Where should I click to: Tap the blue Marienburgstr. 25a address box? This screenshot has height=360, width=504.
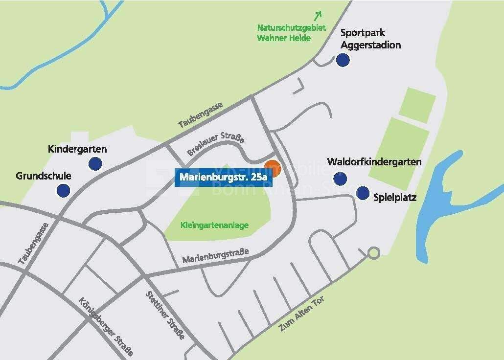[x=223, y=177]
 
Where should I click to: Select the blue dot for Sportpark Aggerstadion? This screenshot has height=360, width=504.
[x=343, y=60]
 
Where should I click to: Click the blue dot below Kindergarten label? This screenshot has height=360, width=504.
[x=95, y=163]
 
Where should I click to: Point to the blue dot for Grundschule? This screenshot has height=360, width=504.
[x=63, y=190]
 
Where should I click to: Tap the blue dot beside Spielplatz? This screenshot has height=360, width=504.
[x=363, y=193]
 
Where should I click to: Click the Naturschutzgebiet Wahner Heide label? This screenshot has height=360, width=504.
[x=291, y=33]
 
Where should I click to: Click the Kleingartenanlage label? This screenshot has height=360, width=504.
[x=214, y=225]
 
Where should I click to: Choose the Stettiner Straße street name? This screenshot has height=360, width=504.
[x=165, y=315]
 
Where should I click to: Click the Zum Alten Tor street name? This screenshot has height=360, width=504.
[x=301, y=314]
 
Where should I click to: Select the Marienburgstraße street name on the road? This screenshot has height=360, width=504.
[x=215, y=256]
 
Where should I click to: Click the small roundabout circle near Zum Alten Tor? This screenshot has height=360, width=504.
[x=373, y=253]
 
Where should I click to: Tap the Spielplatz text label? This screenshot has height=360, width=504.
[x=395, y=198]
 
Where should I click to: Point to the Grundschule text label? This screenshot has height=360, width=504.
[x=44, y=176]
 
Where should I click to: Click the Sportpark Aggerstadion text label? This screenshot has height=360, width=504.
[x=370, y=39]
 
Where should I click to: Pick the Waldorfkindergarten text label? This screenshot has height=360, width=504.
[x=374, y=162]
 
